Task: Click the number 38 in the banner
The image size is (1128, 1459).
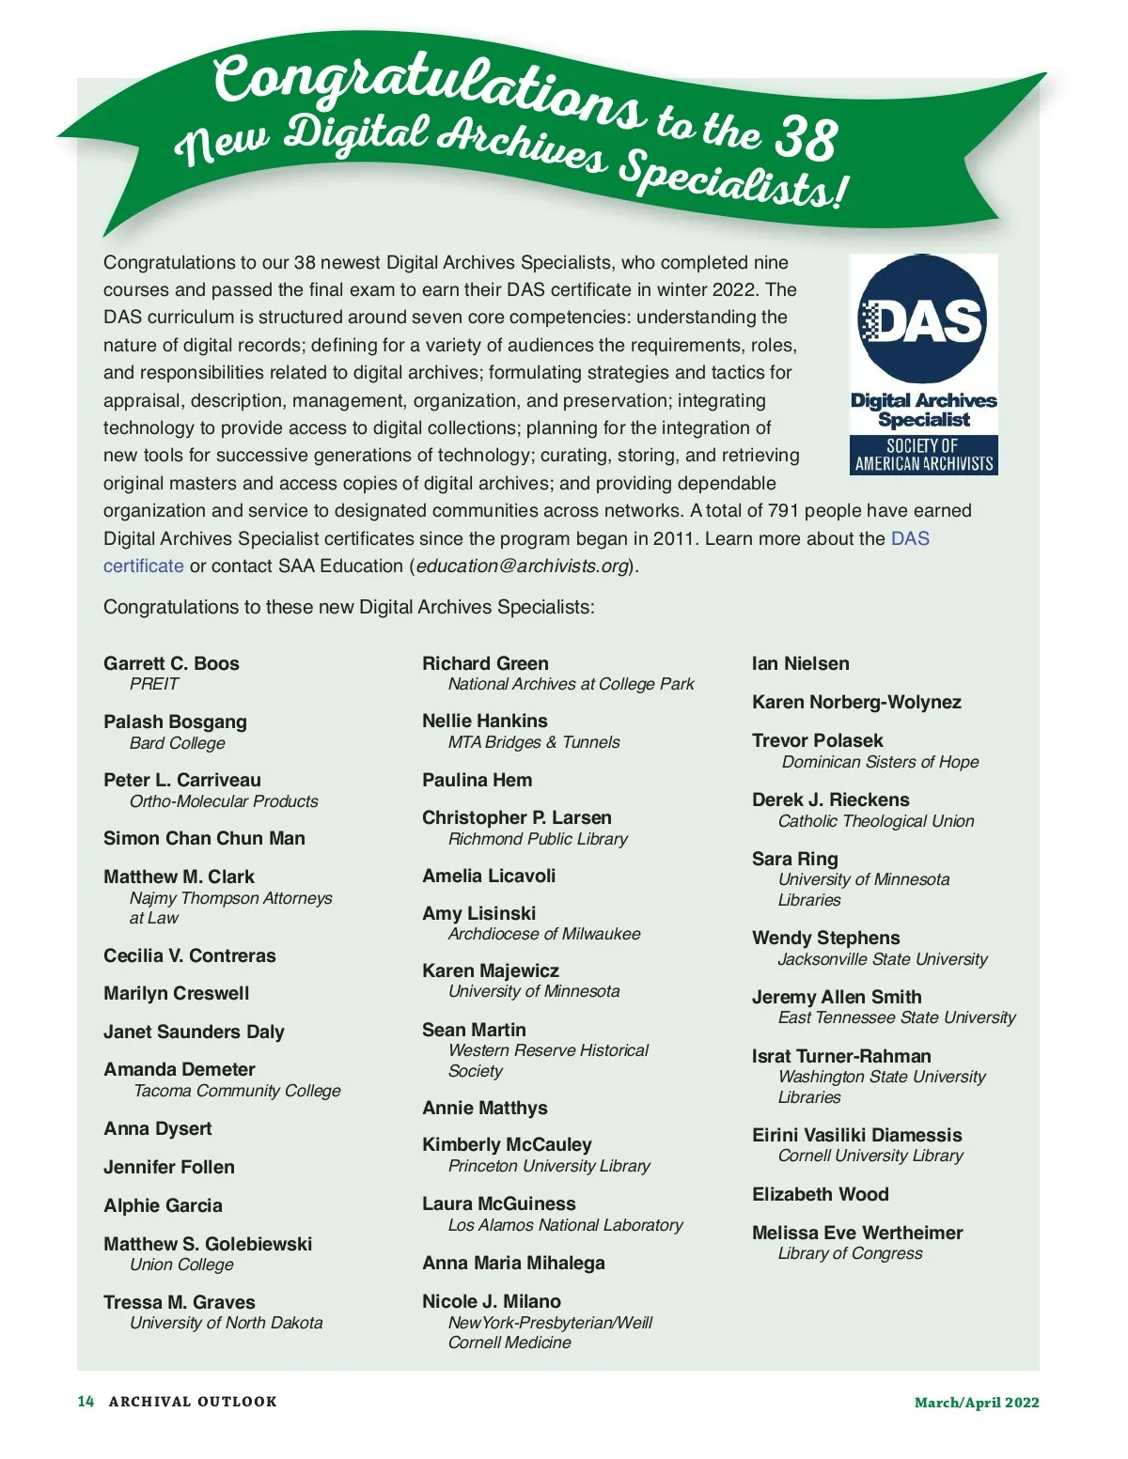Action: tap(805, 139)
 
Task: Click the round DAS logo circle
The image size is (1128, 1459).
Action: tap(923, 318)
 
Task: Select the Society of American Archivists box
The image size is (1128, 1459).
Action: tap(923, 455)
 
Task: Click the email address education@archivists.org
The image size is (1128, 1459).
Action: tap(523, 567)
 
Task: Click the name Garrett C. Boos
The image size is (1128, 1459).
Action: tap(171, 663)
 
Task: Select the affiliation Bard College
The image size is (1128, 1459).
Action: tap(178, 743)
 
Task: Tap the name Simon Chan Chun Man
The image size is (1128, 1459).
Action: tap(204, 838)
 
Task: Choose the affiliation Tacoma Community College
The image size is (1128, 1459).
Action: tap(237, 1091)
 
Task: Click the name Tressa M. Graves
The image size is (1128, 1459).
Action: tap(180, 1302)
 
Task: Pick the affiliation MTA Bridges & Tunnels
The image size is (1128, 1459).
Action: tap(534, 742)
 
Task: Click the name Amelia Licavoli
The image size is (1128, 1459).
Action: tap(489, 876)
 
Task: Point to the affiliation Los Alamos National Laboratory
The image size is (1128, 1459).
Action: tap(565, 1225)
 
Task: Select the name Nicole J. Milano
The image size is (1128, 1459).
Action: tap(492, 1301)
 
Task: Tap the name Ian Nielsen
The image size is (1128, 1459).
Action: tap(800, 663)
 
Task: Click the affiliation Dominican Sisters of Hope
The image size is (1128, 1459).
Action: tap(880, 762)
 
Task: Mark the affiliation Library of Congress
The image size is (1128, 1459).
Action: tap(850, 1253)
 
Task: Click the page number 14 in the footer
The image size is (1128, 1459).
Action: tap(86, 1402)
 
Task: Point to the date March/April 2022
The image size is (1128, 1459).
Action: tap(977, 1403)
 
